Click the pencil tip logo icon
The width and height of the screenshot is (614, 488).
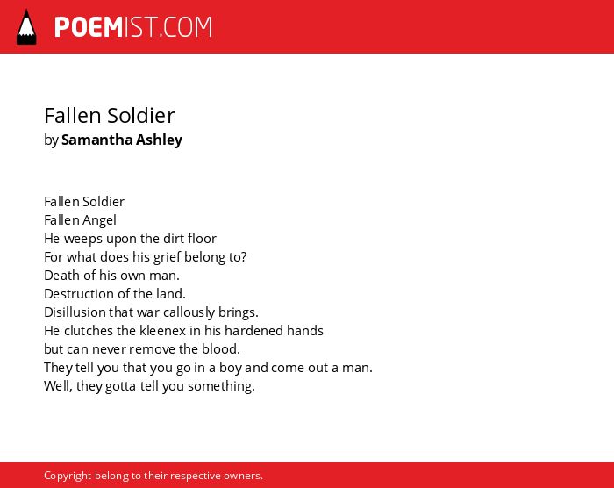tap(26, 27)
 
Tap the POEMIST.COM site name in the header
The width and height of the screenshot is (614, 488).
tap(133, 27)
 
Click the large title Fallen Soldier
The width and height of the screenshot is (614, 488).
tap(110, 116)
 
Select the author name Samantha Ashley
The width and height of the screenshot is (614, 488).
tap(122, 140)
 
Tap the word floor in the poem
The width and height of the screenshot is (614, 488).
tap(202, 239)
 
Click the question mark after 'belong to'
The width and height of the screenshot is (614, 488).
tap(243, 257)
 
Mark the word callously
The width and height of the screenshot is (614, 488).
tap(189, 312)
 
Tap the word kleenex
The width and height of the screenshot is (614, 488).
tap(162, 330)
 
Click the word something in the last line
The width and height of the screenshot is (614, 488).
tap(221, 386)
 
